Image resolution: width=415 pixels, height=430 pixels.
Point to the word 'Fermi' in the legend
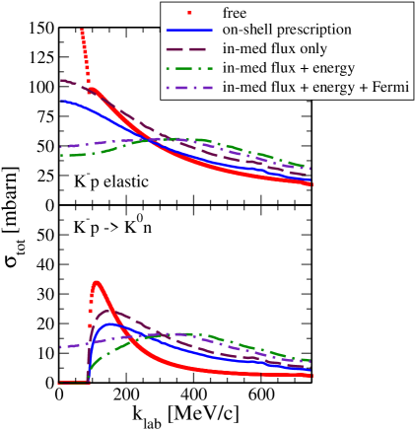coord(387,88)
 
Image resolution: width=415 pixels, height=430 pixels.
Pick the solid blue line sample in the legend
coord(190,31)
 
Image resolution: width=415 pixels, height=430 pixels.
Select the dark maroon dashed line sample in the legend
coord(190,49)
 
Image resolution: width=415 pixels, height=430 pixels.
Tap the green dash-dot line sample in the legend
coord(190,68)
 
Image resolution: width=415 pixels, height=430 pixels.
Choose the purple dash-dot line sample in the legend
coord(190,88)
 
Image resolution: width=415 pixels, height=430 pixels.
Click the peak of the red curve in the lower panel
coord(97,282)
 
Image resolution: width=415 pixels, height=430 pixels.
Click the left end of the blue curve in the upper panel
coord(61,101)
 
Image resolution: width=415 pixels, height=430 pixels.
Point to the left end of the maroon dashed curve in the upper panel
coord(61,81)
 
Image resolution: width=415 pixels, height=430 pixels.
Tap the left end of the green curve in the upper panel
coord(61,155)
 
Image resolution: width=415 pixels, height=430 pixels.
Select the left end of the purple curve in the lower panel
coord(61,347)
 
